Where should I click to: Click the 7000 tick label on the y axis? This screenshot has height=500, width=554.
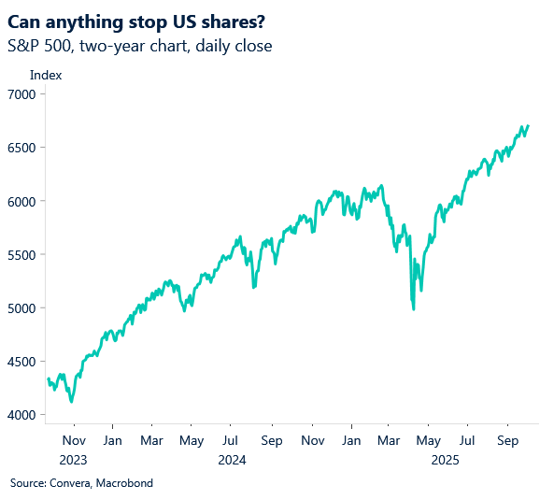point(21,94)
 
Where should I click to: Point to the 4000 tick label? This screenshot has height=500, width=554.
point(21,415)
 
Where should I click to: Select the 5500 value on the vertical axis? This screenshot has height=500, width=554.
point(21,255)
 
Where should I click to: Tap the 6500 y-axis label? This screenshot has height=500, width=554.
point(21,148)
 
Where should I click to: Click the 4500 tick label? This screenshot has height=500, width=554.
point(21,362)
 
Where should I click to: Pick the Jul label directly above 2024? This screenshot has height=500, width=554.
point(231,440)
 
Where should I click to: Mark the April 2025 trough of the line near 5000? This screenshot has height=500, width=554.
point(414,308)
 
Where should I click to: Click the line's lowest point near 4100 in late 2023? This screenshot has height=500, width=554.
point(72,402)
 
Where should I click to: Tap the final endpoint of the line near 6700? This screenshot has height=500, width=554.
point(528,126)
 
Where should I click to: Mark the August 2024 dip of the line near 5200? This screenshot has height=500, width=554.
point(254,287)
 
